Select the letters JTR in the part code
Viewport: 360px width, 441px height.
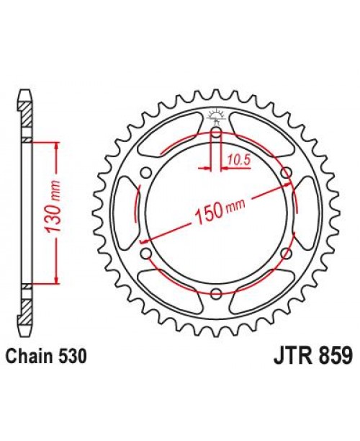[289, 356]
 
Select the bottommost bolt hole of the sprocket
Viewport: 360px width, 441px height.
[217, 291]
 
